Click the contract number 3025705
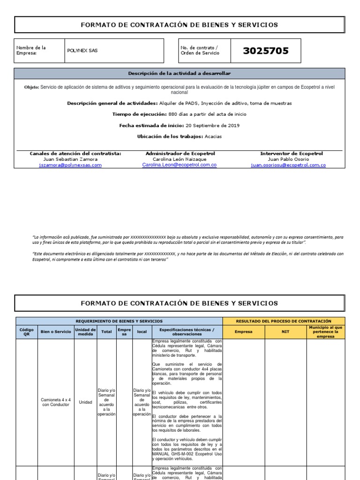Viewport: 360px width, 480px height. coord(266,51)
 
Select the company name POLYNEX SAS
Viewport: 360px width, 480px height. coord(82,51)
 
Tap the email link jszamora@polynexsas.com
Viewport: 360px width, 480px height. coord(70,165)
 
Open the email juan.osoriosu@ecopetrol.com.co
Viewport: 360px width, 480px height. coord(288,165)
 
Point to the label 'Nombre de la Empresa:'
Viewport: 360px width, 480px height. coord(31,51)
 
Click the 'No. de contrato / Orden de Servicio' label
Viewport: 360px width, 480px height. coord(200,51)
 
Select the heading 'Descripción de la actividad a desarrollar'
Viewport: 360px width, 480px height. coord(180,74)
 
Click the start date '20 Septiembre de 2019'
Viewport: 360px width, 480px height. coord(212,125)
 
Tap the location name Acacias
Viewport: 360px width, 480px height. coord(213,136)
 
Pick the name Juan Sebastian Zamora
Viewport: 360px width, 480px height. coord(70,159)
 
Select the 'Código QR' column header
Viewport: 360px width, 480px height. coord(26,332)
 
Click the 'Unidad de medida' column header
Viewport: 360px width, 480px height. coord(85,332)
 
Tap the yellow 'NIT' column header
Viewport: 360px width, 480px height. coord(285,332)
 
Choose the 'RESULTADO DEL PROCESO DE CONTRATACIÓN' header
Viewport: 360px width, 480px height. coord(284,321)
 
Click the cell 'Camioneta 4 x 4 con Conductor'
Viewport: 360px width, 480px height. coord(56,402)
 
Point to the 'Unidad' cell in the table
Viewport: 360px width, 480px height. coord(85,402)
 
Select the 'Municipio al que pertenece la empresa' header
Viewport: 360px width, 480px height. coord(325,332)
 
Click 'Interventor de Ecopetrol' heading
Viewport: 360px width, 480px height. coord(291,153)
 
